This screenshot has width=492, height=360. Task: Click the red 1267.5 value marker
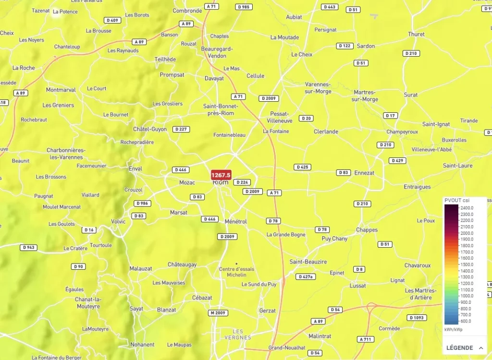tap(221, 175)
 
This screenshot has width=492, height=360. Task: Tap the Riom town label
tap(221, 182)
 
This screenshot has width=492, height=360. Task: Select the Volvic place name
tap(118, 221)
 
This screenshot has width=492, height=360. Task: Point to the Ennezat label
tap(364, 173)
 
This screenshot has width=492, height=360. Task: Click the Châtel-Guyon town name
tap(150, 129)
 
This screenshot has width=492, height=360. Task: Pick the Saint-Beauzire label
tap(308, 262)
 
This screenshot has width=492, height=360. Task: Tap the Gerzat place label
tap(267, 311)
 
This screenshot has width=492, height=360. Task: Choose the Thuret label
tap(416, 34)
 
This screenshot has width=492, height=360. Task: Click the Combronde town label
tap(187, 11)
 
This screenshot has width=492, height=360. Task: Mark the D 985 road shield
tap(244, 7)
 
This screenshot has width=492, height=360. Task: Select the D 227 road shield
tap(182, 129)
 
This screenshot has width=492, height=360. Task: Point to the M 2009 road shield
tap(217, 313)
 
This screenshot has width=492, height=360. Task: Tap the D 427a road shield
tap(306, 276)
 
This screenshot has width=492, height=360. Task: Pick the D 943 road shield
tap(29, 248)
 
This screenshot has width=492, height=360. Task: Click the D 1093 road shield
tap(417, 318)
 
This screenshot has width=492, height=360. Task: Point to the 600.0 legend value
tap(466, 321)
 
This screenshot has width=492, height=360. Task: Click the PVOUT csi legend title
tap(457, 200)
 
